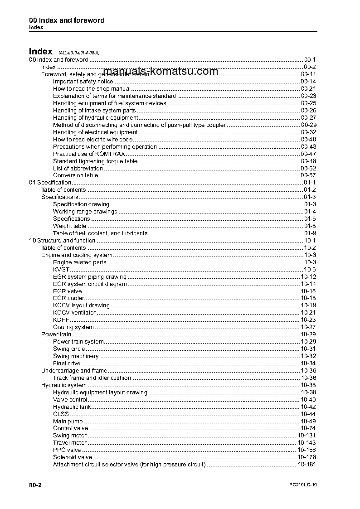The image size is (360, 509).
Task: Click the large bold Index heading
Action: pyautogui.click(x=40, y=51)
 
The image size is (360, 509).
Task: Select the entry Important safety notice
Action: pyautogui.click(x=83, y=82)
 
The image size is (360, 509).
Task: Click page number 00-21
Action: pyautogui.click(x=308, y=89)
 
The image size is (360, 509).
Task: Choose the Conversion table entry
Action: pyautogui.click(x=75, y=175)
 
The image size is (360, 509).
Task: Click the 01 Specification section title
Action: pyautogui.click(x=50, y=183)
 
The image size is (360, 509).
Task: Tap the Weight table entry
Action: pyautogui.click(x=69, y=226)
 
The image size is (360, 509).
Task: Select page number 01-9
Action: pyautogui.click(x=310, y=233)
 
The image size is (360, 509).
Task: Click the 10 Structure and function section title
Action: pyautogui.click(x=62, y=241)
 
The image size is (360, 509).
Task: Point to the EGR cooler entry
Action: pyautogui.click(x=68, y=298)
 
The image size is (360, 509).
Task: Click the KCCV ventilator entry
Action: pyautogui.click(x=74, y=313)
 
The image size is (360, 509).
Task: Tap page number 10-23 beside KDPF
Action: pyautogui.click(x=308, y=320)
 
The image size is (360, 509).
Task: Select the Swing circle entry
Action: pyautogui.click(x=69, y=349)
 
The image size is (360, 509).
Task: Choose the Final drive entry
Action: pyautogui.click(x=67, y=364)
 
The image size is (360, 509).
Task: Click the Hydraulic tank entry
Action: pyautogui.click(x=72, y=407)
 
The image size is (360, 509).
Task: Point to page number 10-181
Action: pyautogui.click(x=307, y=464)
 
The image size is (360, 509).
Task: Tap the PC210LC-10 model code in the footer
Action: pyautogui.click(x=303, y=485)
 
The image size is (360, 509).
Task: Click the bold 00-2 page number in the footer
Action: pyautogui.click(x=36, y=485)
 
